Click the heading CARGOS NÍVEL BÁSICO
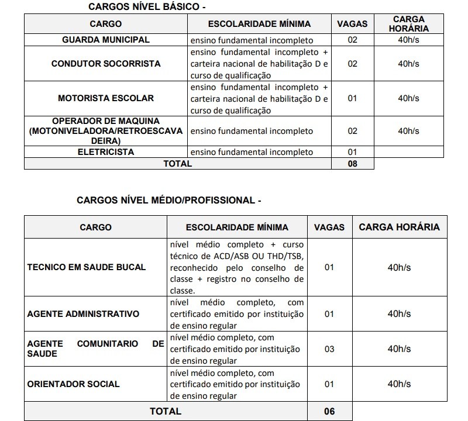point(147,7)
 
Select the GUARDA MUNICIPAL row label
point(106,40)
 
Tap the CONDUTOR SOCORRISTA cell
point(106,64)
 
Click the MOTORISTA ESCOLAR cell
point(106,98)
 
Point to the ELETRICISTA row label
point(106,152)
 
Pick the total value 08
point(352,164)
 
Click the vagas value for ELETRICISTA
point(352,152)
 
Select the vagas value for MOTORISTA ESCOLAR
point(352,98)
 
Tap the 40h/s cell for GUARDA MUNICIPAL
point(408,40)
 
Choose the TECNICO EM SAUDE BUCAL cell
point(87,267)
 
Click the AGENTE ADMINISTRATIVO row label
point(83,314)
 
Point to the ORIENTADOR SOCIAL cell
point(73,384)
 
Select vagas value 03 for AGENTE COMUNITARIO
point(329,349)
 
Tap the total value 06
point(329,411)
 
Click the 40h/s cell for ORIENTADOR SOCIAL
point(399,384)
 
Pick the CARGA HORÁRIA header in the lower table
point(399,227)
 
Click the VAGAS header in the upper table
point(353,24)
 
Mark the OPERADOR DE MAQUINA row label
point(106,131)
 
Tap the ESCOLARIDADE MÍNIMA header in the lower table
point(237,227)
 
